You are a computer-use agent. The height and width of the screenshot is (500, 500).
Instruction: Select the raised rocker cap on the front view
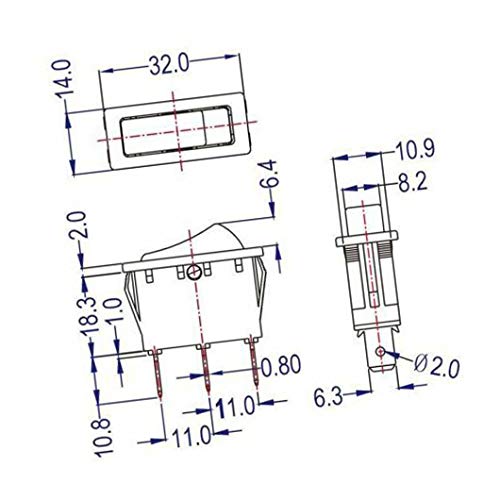(196, 238)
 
